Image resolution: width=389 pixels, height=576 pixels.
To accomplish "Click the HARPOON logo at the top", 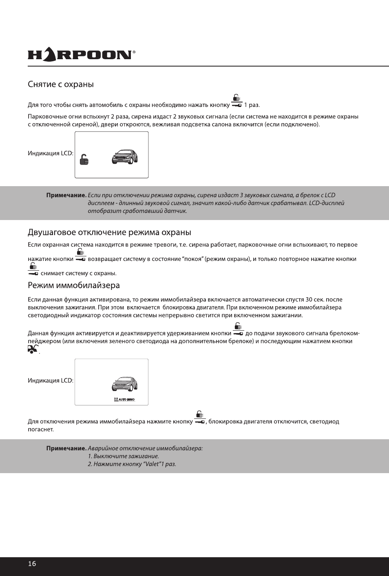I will (80, 55).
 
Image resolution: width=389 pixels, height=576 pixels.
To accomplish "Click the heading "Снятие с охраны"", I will (61, 84).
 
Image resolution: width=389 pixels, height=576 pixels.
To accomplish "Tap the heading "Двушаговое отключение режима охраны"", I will (109, 232).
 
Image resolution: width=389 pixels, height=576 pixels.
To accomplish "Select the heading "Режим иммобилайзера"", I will (74, 285).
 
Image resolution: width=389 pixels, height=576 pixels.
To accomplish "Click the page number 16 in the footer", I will (32, 564).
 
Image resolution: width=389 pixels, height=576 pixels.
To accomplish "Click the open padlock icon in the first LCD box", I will (84, 160).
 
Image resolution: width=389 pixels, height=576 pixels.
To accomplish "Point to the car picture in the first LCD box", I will (125, 157).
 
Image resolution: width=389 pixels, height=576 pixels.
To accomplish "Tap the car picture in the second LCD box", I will (125, 384).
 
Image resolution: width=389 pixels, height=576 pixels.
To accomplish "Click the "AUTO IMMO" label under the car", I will (124, 400).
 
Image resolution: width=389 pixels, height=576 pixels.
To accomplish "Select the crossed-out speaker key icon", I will (33, 349).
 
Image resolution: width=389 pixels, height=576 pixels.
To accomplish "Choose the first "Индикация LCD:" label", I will (51, 153).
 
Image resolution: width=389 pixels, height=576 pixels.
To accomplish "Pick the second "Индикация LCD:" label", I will (51, 380).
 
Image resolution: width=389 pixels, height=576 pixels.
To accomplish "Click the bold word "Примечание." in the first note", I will (66, 195).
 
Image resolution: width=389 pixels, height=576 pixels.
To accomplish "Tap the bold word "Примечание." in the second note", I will (66, 448).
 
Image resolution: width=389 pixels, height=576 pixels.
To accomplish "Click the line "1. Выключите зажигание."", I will (124, 456).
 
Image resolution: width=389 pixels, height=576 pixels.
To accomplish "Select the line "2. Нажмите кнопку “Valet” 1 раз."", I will (132, 464).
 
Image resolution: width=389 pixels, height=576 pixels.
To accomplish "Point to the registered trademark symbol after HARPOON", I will (134, 52).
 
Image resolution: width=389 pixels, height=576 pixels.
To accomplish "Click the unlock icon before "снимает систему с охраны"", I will (33, 269).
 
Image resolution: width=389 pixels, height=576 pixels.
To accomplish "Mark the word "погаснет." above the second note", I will (41, 429).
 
